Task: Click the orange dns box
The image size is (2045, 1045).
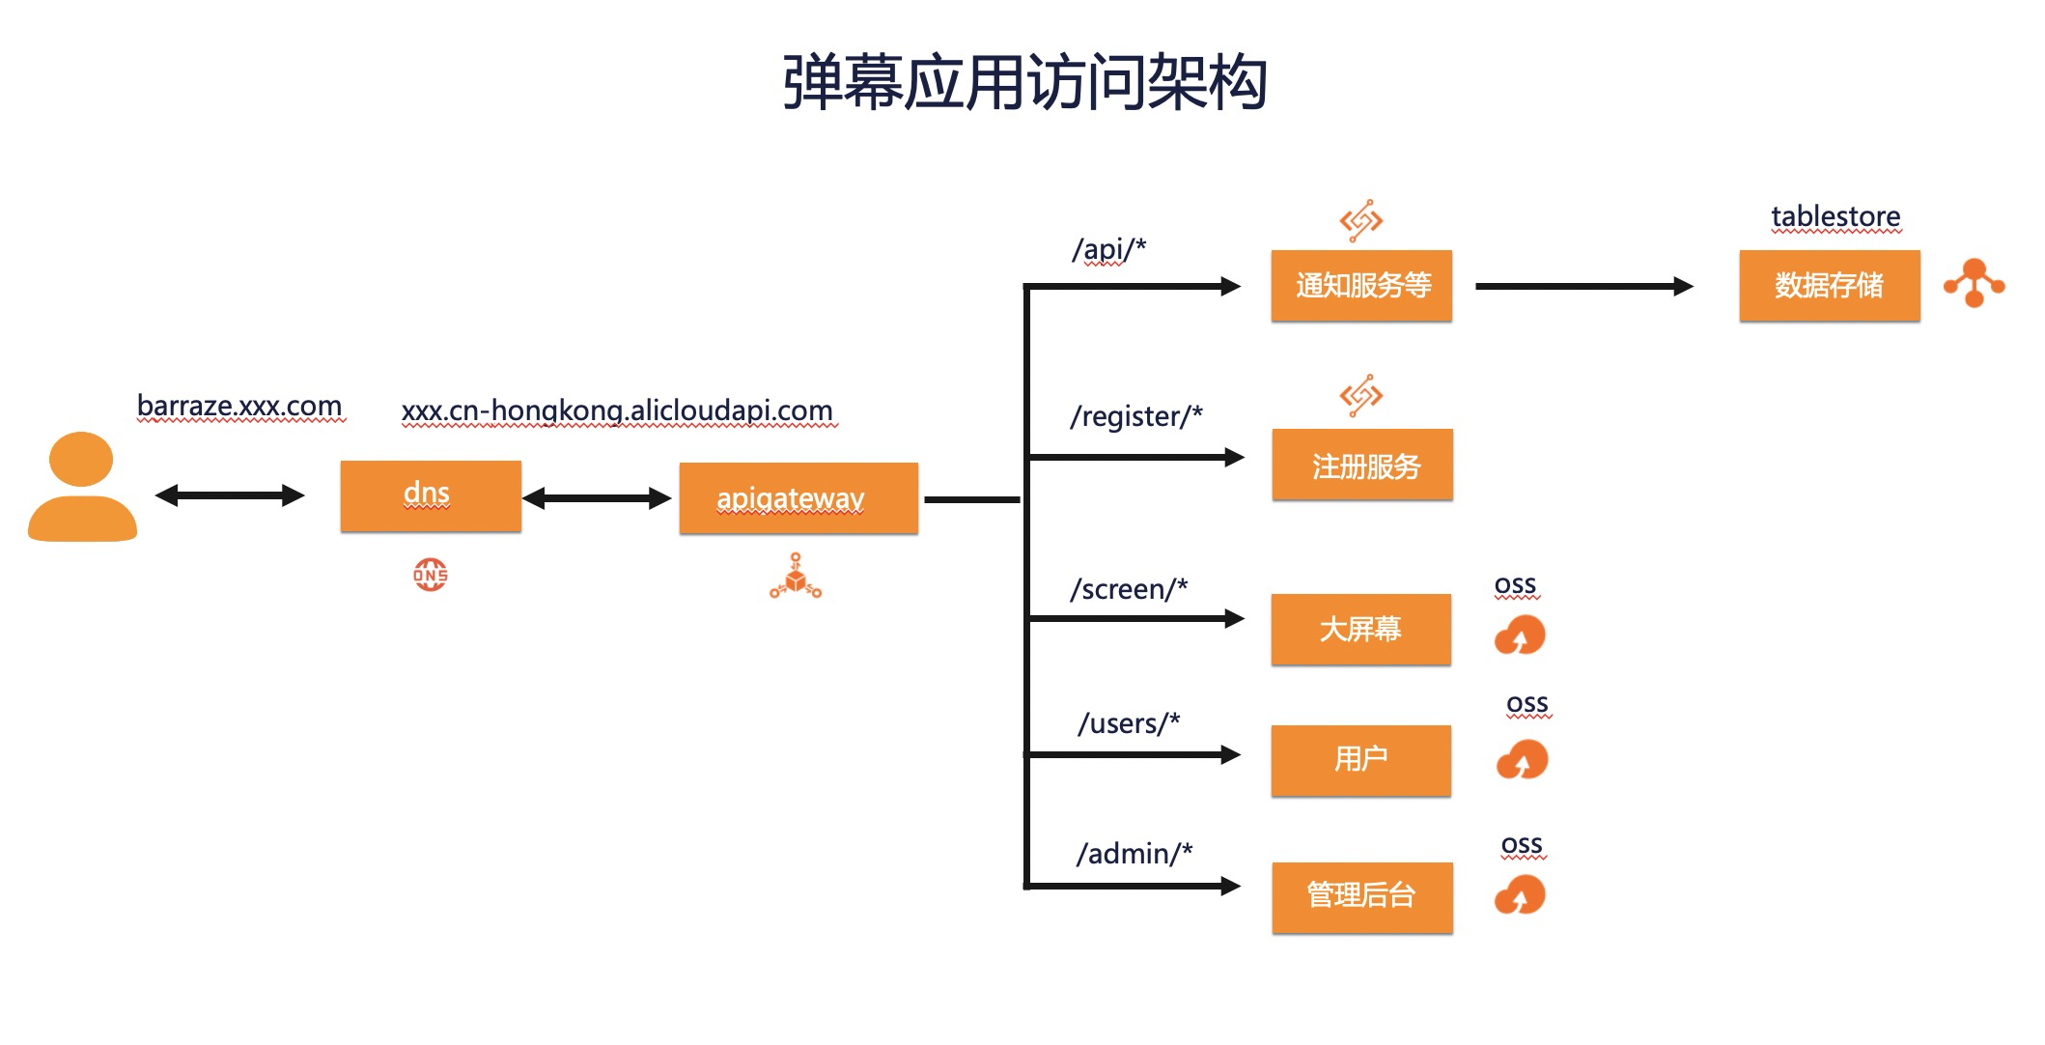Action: [431, 495]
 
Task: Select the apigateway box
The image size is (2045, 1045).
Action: [798, 498]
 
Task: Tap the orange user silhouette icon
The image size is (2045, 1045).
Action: [82, 487]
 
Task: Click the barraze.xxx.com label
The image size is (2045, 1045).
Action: [239, 406]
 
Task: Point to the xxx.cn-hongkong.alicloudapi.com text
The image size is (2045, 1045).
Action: [617, 410]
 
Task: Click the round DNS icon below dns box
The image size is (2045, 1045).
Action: [431, 575]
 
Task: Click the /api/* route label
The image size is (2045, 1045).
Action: [1108, 249]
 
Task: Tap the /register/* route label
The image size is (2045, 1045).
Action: [1136, 416]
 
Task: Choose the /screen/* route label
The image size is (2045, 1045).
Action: [1129, 589]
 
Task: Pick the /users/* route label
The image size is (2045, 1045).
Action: [1129, 723]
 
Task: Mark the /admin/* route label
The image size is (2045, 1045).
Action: [1135, 854]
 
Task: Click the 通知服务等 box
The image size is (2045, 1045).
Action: [1361, 286]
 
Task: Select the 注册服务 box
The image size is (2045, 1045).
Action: [1362, 466]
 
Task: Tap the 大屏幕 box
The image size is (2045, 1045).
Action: [1360, 630]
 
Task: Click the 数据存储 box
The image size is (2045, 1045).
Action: [1829, 286]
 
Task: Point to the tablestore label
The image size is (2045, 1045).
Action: [1835, 217]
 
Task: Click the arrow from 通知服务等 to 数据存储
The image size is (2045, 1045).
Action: [1583, 286]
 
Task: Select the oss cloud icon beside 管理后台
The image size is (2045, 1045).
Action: [1520, 895]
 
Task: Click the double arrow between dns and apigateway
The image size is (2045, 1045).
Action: [597, 498]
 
